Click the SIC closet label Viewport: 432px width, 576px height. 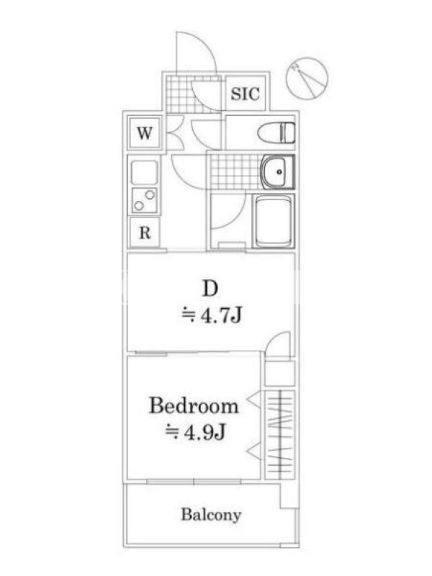point(245,94)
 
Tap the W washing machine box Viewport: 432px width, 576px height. point(145,132)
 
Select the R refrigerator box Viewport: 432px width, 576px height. point(145,232)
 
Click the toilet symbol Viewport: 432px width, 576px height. point(276,132)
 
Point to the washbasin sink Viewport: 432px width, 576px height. point(278,171)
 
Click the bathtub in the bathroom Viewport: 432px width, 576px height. point(274,222)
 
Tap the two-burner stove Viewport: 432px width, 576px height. point(145,200)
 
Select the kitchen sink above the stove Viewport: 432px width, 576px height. point(145,172)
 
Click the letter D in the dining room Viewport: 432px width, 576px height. point(210,289)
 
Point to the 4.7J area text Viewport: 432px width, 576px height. point(212,315)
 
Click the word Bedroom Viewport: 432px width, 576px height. point(194,406)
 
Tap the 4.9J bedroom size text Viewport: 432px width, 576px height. point(195,432)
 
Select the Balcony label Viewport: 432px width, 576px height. point(211,515)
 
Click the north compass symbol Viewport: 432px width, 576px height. point(307,78)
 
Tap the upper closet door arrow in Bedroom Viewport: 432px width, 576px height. point(254,400)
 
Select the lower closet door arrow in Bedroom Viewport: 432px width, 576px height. point(254,451)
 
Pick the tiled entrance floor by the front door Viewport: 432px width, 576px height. point(194,94)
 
